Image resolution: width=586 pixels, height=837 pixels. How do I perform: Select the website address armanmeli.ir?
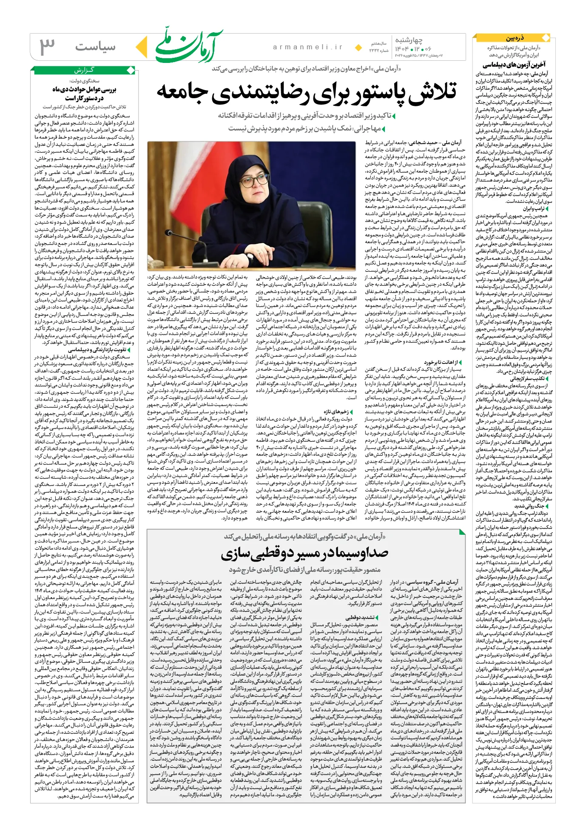[x=308, y=47]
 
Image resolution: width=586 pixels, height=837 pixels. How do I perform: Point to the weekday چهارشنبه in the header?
[x=409, y=40]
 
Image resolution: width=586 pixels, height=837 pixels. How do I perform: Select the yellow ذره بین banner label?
[x=515, y=38]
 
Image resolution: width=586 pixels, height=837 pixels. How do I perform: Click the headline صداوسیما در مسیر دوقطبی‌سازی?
[x=304, y=553]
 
